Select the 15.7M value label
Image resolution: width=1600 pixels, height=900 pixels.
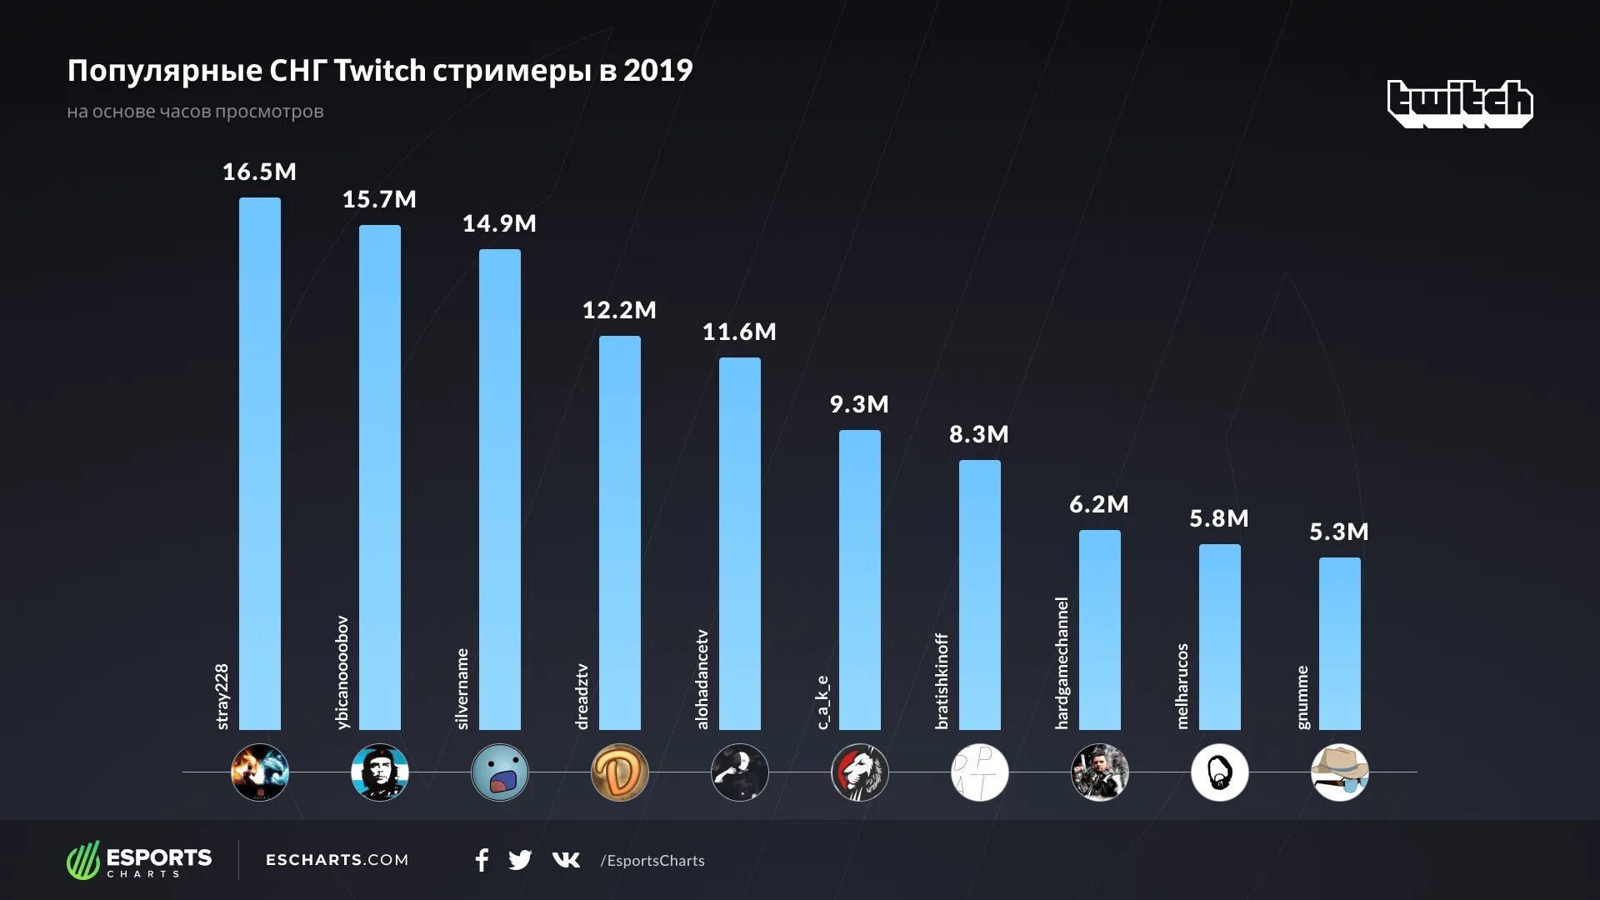pos(379,199)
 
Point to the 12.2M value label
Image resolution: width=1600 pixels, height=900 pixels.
pos(619,310)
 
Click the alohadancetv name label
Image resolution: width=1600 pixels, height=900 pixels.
pos(702,679)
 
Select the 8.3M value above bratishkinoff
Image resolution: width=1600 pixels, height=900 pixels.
pos(979,434)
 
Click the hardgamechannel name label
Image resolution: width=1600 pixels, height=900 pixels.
pos(1062,663)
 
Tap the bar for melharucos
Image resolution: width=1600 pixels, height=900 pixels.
pos(1219,637)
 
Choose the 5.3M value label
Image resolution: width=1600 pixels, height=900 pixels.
pos(1339,532)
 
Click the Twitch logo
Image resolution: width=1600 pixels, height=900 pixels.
pos(1460,103)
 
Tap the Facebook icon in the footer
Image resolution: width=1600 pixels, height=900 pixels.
pos(482,860)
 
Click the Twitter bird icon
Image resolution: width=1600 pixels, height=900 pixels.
pos(520,860)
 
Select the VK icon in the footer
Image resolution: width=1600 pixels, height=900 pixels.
pos(566,860)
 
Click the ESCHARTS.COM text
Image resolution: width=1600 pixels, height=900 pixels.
pos(337,860)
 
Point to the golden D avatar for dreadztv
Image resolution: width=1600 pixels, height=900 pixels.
pos(619,772)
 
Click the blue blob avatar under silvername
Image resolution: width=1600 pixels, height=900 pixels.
pos(499,772)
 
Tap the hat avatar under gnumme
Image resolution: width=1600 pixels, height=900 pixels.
pos(1339,772)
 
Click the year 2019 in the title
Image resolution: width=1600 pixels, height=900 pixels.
pos(657,71)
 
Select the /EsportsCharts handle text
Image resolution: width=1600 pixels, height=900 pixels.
pos(652,861)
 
